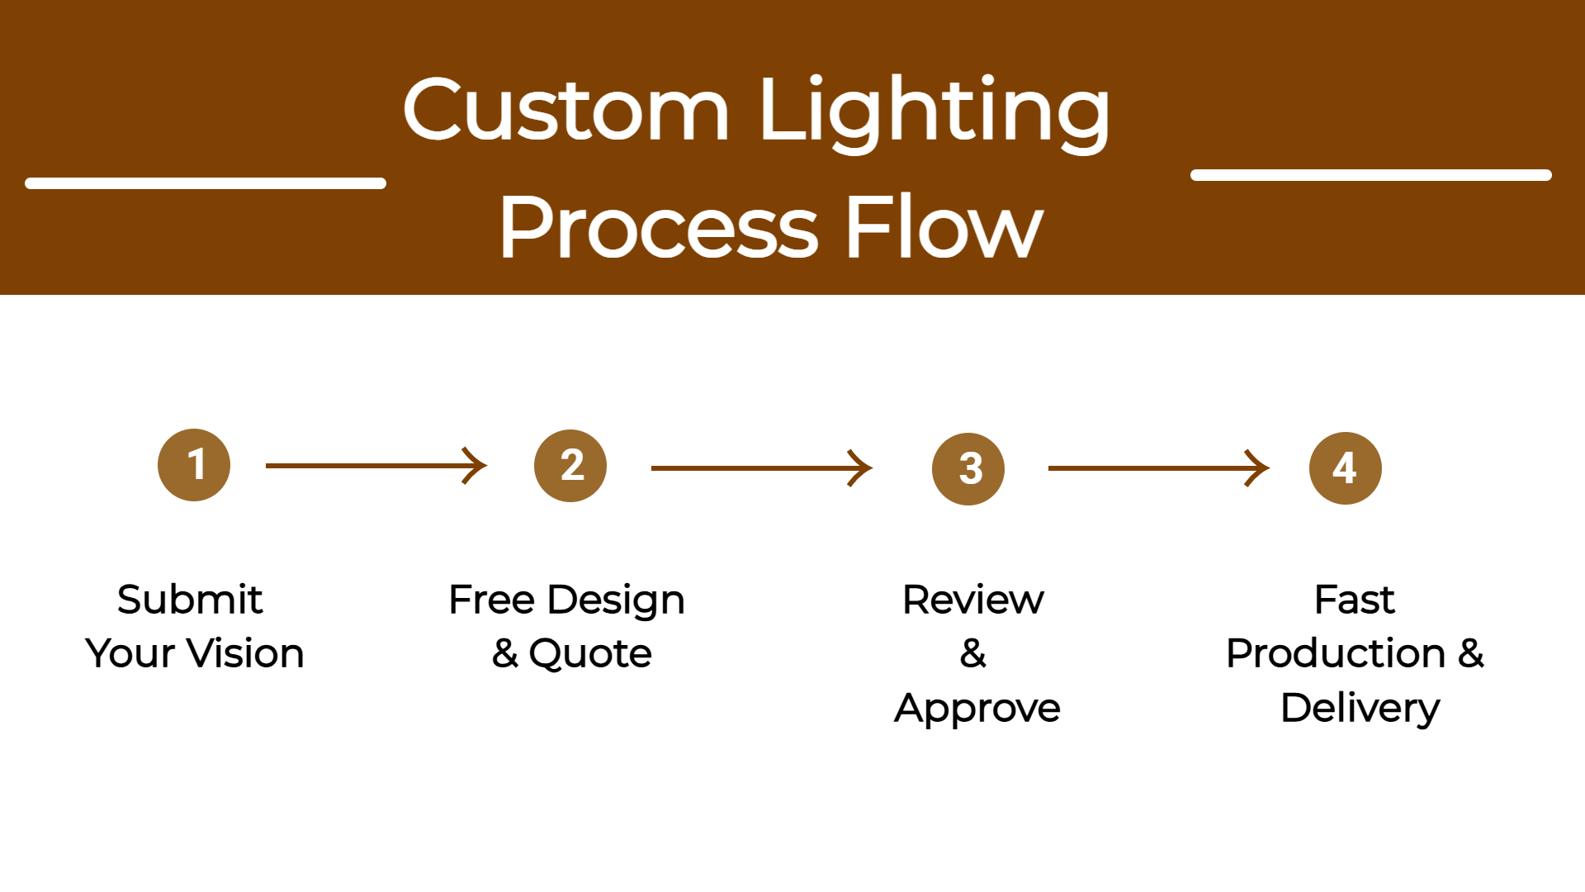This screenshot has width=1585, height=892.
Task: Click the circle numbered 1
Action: point(194,465)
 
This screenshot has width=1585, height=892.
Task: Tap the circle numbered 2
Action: point(570,466)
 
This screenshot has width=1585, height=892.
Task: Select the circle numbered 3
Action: point(968,469)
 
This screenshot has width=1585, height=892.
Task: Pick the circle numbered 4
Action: point(1346,468)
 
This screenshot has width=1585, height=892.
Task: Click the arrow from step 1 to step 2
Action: point(376,466)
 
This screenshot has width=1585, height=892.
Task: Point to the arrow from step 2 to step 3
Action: point(761,468)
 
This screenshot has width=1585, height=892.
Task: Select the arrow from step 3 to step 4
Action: point(1158,468)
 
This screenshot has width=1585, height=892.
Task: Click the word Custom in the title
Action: point(566,111)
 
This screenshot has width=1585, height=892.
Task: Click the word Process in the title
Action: point(659,228)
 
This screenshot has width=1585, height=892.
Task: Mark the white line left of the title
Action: point(206,183)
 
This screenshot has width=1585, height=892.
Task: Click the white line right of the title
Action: point(1370,175)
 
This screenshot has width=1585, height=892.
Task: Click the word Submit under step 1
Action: point(190,600)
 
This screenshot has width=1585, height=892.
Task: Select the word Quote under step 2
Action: point(590,654)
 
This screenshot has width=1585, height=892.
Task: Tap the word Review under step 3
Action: point(972,600)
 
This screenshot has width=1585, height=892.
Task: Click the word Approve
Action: point(977,709)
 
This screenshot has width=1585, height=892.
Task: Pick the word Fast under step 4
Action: point(1354,600)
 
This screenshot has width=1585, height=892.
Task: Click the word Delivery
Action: point(1360,709)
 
